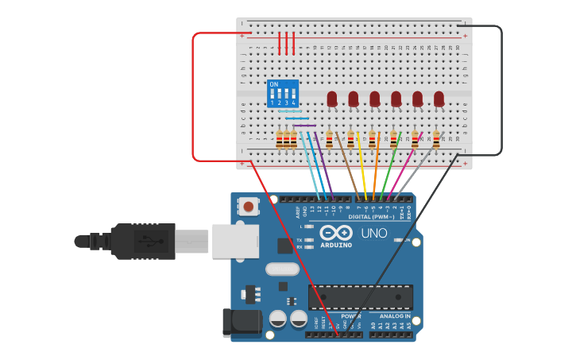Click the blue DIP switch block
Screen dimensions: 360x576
point(283,94)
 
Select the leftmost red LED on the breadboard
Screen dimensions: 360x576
point(332,99)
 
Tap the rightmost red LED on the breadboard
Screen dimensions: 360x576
point(439,99)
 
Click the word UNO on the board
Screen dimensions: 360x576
point(374,234)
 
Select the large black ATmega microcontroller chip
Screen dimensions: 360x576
point(361,296)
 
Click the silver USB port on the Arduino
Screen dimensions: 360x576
point(235,241)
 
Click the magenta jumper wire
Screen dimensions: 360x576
point(404,167)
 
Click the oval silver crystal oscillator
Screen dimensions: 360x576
point(282,269)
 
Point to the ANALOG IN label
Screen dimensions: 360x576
point(394,316)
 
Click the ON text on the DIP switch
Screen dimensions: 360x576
point(274,84)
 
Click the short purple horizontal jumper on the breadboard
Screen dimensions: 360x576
point(304,126)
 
